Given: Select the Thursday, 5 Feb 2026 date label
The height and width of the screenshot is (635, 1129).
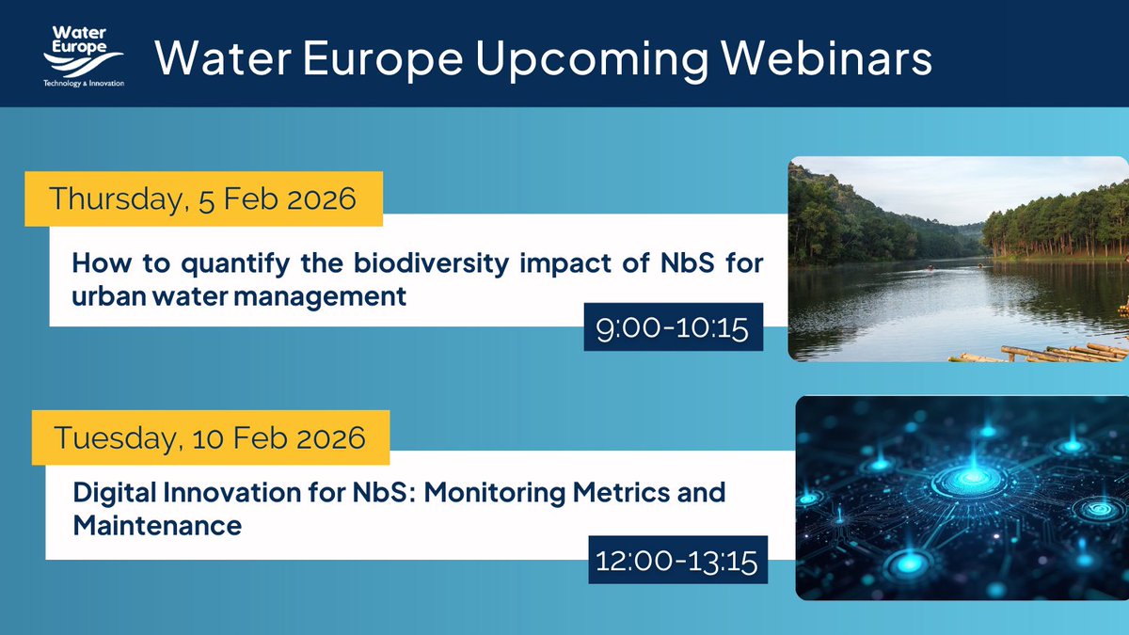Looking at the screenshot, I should click(x=202, y=199).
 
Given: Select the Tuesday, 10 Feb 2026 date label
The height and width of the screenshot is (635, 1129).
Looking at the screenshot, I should click(x=210, y=437).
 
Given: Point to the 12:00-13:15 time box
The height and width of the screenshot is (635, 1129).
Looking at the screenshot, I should click(x=677, y=562).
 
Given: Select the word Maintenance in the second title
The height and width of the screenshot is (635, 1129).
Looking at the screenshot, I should click(x=157, y=525).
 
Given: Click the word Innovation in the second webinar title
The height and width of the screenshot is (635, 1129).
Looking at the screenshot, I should click(x=241, y=493).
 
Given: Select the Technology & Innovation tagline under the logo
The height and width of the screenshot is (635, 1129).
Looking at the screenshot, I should click(x=83, y=83).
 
